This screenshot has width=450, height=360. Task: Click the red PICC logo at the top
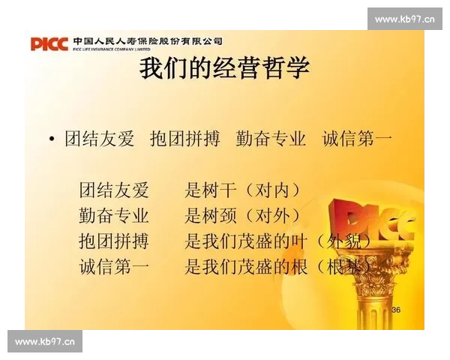click(49, 43)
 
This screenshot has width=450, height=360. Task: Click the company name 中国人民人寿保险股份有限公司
click(148, 40)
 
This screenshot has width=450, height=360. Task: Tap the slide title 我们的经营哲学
click(225, 69)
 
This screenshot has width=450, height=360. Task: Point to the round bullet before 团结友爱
click(51, 139)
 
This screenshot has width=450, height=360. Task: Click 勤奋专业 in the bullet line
click(271, 139)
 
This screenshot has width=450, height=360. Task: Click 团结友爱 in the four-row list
click(114, 190)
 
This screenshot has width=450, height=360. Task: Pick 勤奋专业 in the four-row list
click(114, 215)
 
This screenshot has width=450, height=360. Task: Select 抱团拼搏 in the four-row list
click(114, 241)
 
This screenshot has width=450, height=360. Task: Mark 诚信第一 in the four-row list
click(114, 266)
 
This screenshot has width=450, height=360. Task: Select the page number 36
click(396, 309)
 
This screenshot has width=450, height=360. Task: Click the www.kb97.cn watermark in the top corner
click(404, 19)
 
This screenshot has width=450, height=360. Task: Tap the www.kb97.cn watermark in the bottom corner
click(45, 342)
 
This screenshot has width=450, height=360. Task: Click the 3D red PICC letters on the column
click(382, 221)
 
